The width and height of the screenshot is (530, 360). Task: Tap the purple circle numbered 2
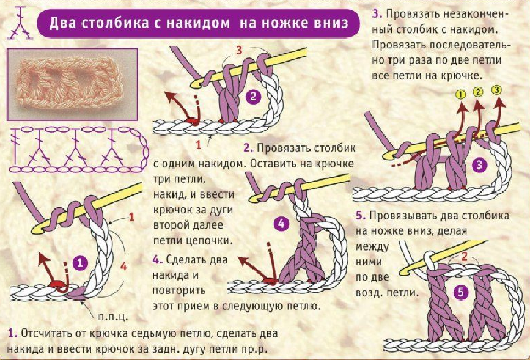pos(253,95)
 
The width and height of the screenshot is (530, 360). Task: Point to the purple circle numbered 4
pos(281,224)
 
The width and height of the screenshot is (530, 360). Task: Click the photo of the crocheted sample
pos(72,84)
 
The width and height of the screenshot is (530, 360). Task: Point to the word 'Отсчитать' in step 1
pos(49,334)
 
